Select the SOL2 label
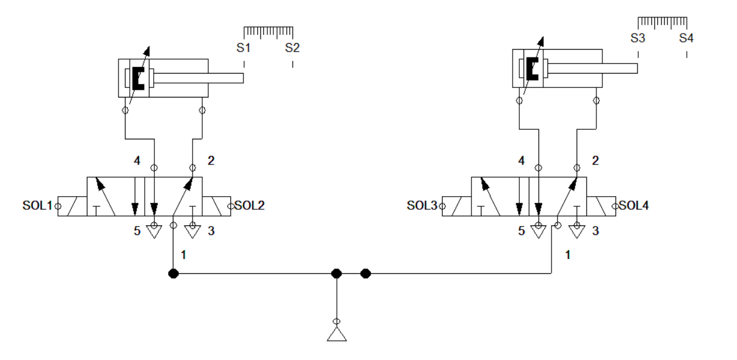click(249, 206)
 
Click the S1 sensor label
click(243, 48)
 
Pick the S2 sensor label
click(292, 48)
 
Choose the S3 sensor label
click(638, 38)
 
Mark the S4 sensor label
click(686, 38)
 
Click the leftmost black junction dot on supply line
click(173, 274)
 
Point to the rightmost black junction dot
click(366, 274)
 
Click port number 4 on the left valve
click(137, 161)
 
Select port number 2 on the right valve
click(595, 161)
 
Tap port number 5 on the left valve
click(137, 231)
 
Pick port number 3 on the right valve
click(595, 231)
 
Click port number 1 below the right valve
click(568, 255)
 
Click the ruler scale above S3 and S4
click(662, 22)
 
